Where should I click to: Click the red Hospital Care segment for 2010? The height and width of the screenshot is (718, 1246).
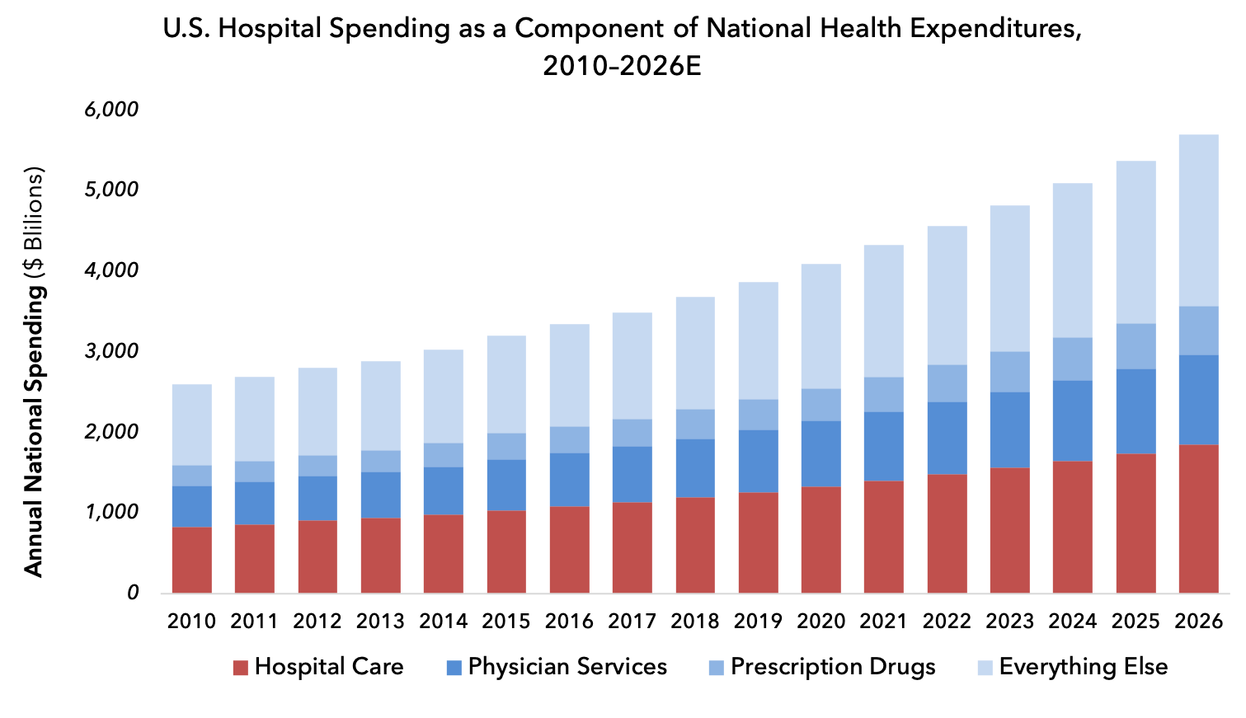tap(191, 560)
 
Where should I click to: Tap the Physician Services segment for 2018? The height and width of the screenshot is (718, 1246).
tap(695, 468)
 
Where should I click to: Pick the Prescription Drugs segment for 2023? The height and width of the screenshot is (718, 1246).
tap(1009, 372)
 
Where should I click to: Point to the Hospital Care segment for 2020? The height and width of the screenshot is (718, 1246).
tap(820, 540)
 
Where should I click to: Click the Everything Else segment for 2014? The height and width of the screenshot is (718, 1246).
tap(443, 397)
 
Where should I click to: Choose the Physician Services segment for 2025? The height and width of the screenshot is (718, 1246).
tap(1136, 411)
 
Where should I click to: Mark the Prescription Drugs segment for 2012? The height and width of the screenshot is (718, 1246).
tap(317, 466)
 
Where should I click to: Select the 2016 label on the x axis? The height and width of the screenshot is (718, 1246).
tap(569, 622)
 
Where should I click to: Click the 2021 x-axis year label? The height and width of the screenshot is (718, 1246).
tap(883, 622)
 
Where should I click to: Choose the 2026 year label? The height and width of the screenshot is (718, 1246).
tap(1198, 622)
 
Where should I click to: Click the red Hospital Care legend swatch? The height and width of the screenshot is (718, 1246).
tap(241, 668)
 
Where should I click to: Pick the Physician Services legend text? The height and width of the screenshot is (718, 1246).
tap(567, 667)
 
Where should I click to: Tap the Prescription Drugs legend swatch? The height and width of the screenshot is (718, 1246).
tap(716, 668)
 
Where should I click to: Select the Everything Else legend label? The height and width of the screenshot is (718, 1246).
tap(1083, 667)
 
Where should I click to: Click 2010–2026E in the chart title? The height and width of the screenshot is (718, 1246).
tap(622, 65)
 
